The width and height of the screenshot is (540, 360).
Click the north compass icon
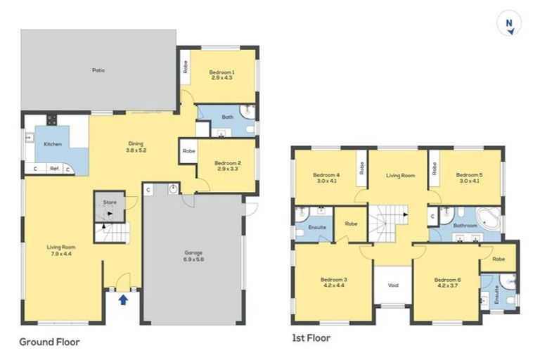(508, 22)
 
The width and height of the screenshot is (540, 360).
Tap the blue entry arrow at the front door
(123, 300)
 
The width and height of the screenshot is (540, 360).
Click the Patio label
(98, 70)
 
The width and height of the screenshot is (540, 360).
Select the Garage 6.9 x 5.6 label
(193, 256)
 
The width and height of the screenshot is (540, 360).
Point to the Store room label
(110, 202)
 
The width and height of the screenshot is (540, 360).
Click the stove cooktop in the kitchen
(52, 120)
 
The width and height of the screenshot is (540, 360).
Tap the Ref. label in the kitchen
(55, 169)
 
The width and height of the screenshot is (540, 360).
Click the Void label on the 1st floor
(393, 285)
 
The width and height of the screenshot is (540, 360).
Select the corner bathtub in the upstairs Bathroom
(488, 219)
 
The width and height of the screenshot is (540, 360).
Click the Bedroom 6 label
(448, 280)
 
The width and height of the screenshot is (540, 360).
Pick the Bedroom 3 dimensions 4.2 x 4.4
(334, 285)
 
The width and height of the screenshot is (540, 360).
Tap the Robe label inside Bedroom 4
(361, 168)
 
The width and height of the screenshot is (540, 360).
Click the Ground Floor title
(50, 342)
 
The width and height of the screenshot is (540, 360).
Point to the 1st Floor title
(311, 338)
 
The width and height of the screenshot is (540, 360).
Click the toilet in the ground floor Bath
(250, 130)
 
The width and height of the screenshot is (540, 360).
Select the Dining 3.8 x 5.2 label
(136, 147)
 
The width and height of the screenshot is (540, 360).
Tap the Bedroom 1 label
(221, 72)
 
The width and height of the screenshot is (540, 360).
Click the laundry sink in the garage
(173, 188)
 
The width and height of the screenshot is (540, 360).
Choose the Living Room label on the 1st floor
(400, 176)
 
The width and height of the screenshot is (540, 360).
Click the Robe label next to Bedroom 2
(188, 151)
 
